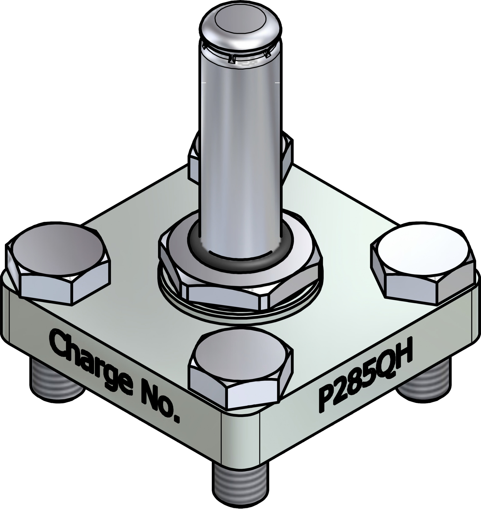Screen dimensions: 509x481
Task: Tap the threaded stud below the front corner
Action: [x=241, y=484]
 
